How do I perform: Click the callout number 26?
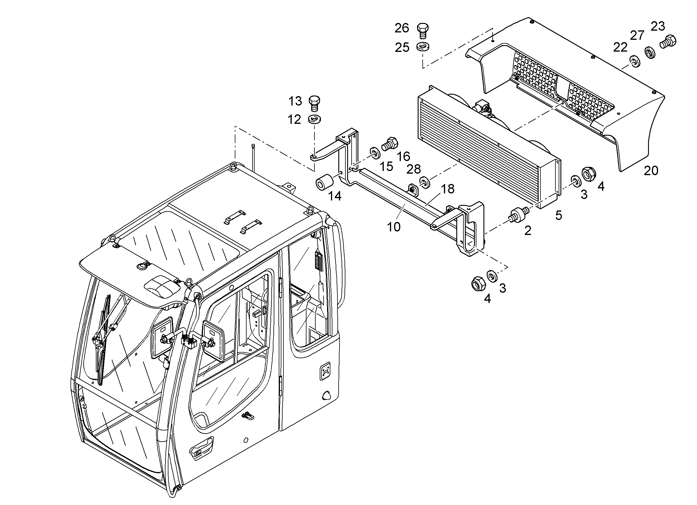click(x=402, y=28)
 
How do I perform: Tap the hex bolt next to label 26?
click(x=423, y=30)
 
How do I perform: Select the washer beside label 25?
click(x=423, y=47)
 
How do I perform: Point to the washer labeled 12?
click(x=314, y=119)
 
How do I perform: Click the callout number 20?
click(x=651, y=171)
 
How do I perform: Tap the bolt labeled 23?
click(x=668, y=41)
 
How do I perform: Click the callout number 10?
click(x=394, y=227)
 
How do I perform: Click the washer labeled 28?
click(x=424, y=182)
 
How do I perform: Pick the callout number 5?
click(x=559, y=215)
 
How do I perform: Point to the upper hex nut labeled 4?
click(x=589, y=174)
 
